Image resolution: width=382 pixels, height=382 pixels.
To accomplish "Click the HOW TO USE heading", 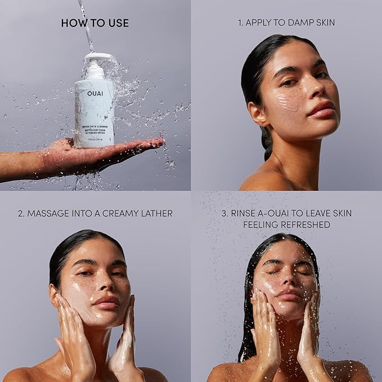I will coord(95,23).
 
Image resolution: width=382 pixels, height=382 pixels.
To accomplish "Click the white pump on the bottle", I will coord(95,59).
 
